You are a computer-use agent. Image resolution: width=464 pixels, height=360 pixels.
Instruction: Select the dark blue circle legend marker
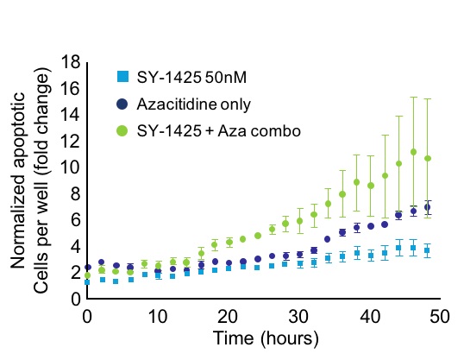123,103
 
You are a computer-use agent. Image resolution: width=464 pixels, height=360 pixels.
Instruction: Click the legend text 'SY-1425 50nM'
185,78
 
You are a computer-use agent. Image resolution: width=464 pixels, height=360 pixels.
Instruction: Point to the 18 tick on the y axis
72,62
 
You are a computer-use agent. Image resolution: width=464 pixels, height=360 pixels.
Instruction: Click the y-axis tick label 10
72,167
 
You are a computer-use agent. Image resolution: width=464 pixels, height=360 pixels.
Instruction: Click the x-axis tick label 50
440,316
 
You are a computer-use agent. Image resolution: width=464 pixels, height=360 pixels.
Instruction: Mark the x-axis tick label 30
298,316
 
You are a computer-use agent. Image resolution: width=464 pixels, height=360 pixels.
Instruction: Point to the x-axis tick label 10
157,316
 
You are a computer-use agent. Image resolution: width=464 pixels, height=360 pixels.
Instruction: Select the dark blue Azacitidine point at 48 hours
428,207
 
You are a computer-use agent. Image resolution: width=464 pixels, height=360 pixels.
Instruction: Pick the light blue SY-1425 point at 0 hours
87,281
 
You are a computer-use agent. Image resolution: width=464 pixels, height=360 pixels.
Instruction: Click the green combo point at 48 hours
428,158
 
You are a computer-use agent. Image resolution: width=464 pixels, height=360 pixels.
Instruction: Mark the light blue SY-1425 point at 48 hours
428,250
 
